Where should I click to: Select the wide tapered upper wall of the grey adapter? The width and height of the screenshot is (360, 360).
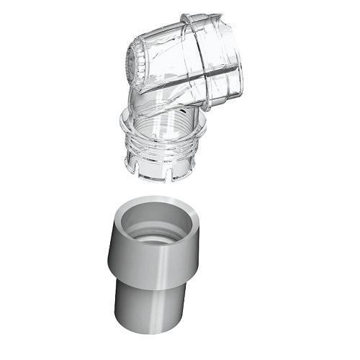[x=155, y=259]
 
